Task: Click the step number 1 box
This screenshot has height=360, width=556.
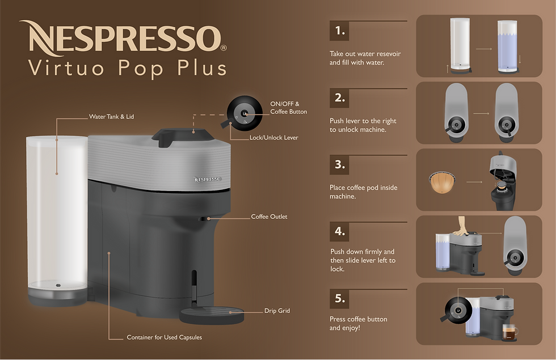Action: click(339, 31)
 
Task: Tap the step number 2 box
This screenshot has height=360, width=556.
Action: click(339, 98)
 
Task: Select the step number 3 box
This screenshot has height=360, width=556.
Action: click(339, 164)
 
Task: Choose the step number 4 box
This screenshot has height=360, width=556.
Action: click(339, 231)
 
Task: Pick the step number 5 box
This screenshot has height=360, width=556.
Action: click(339, 298)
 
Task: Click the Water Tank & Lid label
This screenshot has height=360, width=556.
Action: click(111, 117)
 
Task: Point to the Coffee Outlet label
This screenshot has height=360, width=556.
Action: click(269, 217)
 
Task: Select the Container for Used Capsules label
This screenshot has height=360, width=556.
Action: click(164, 337)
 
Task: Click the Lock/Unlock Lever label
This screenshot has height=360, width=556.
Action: click(273, 138)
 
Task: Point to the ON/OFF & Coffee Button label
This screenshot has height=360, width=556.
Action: click(288, 108)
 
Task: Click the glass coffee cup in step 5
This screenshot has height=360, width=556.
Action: click(509, 333)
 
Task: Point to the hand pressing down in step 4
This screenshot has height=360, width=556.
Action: click(461, 226)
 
